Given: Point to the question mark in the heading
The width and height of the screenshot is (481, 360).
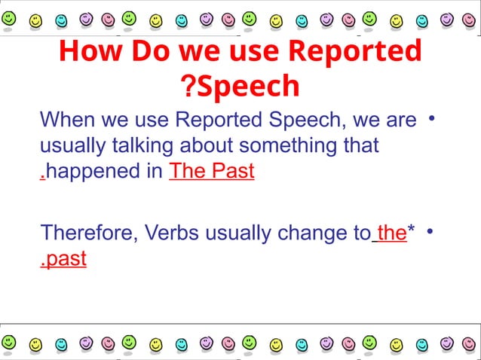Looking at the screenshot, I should (188, 87).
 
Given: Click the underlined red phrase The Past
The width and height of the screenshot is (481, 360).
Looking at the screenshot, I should (212, 172).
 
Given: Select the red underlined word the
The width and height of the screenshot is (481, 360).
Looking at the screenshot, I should (391, 233).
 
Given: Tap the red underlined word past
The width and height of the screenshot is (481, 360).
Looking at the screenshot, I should (66, 259).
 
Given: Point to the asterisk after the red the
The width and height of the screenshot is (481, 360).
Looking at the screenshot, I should (412, 230).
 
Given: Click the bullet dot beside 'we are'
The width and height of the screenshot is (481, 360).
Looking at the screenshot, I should (432, 119).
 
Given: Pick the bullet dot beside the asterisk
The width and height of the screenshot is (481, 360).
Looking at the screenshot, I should (432, 233).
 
